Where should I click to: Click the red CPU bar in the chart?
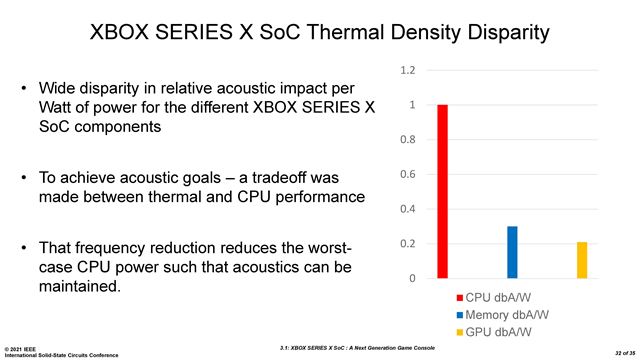[x=443, y=191]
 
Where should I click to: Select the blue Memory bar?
[x=512, y=252]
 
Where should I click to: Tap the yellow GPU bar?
[x=581, y=260]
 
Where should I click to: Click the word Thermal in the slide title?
[x=358, y=32]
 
